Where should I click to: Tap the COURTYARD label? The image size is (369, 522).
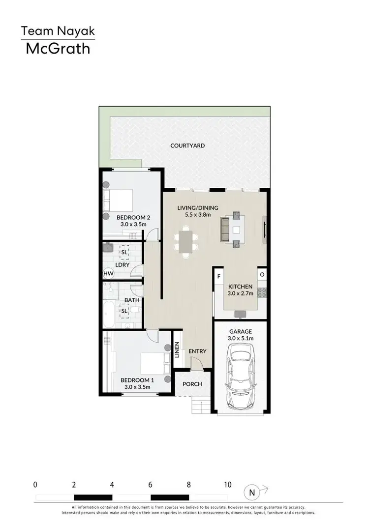point(187,146)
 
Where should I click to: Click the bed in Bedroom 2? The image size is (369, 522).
point(120,201)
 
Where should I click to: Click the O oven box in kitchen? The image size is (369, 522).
point(262,274)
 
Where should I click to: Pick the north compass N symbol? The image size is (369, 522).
point(251,492)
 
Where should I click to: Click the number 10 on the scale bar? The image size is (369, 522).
point(227,485)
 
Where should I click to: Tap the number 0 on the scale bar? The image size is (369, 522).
point(35,485)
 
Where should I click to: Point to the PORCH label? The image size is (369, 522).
point(192,384)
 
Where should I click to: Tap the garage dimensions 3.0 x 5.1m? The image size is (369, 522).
point(241,338)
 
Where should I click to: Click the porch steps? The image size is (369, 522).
point(198,406)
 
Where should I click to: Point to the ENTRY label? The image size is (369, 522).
point(197,351)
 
